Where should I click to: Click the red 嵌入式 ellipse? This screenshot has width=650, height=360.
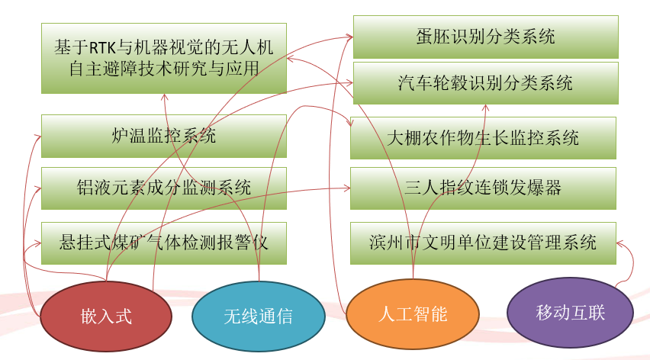106,315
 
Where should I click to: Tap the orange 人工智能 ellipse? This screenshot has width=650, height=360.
412,313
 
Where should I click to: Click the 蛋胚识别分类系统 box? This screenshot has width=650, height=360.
485,36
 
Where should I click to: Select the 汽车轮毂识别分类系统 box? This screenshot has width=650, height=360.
485,82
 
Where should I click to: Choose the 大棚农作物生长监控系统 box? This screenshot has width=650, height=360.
483,138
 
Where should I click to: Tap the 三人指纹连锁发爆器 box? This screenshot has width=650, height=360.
483,188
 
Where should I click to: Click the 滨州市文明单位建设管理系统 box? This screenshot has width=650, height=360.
483,243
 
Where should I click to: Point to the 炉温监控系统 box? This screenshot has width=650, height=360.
163,136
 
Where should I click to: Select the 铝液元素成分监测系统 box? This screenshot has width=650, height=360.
163,188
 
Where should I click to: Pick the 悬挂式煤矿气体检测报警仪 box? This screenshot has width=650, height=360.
163,243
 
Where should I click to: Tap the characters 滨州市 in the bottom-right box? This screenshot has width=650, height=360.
394,243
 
